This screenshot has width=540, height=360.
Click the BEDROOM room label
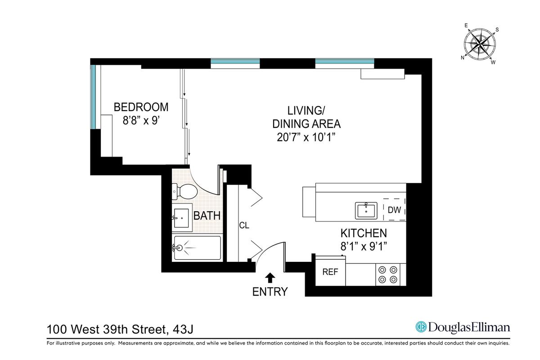pyautogui.click(x=141, y=107)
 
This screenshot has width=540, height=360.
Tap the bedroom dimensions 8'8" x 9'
pyautogui.click(x=141, y=120)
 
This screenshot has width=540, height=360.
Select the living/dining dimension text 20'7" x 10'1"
pyautogui.click(x=306, y=137)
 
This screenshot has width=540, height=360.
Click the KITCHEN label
pyautogui.click(x=364, y=233)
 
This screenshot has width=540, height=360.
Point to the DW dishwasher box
pyautogui.click(x=394, y=210)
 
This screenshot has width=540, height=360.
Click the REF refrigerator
pyautogui.click(x=330, y=271)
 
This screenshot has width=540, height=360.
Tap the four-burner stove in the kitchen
pyautogui.click(x=388, y=274)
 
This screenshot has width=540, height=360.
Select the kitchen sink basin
pyautogui.click(x=366, y=211)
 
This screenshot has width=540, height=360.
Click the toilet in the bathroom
pyautogui.click(x=184, y=192)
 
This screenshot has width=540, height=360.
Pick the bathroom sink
pyautogui.click(x=181, y=218)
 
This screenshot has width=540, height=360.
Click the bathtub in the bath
pyautogui.click(x=197, y=248)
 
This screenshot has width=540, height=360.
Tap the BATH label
pyautogui.click(x=207, y=216)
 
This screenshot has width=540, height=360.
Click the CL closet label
pyautogui.click(x=244, y=225)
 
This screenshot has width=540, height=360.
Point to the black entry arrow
pyautogui.click(x=270, y=278)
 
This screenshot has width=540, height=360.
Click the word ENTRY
pyautogui.click(x=270, y=292)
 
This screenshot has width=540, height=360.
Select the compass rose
pyautogui.click(x=480, y=45)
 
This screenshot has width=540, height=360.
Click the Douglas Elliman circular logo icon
pyautogui.click(x=421, y=327)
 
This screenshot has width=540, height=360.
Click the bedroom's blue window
pyautogui.click(x=93, y=97)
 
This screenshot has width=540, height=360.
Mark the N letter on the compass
pyautogui.click(x=463, y=58)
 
